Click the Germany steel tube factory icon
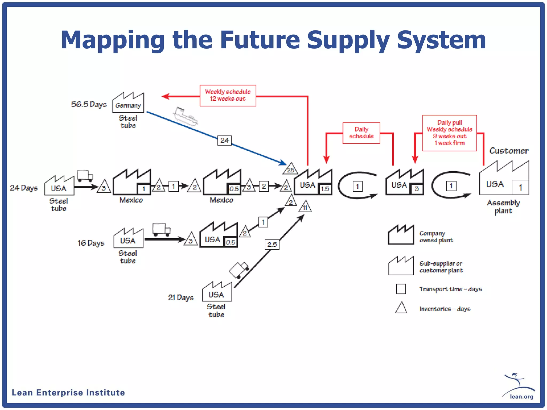coord(128,103)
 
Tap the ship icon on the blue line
coord(186,116)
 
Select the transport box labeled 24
coord(224,140)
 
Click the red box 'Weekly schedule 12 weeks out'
coord(228,96)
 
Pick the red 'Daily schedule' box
coord(361,133)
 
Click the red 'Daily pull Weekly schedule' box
coord(450,133)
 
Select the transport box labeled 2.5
coord(272,245)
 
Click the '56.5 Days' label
coord(89,104)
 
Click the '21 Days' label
coord(181,297)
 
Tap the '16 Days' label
coord(91,243)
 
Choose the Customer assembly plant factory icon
coord(504,179)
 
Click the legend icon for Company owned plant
coord(401,235)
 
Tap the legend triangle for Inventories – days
coord(401,308)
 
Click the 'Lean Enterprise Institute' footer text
coord(68,393)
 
